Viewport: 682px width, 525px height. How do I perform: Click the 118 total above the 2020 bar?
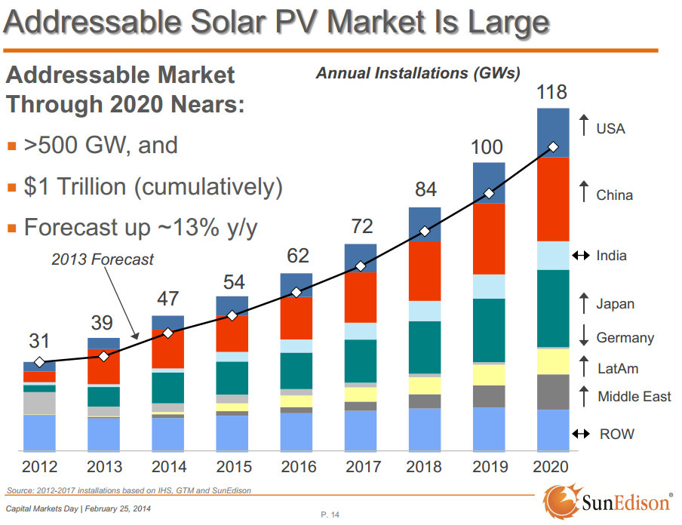tap(551, 93)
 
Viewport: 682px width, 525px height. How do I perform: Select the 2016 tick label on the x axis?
tap(299, 467)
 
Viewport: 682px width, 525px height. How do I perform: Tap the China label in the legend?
tap(614, 195)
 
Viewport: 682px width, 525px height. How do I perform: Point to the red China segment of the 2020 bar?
tap(553, 199)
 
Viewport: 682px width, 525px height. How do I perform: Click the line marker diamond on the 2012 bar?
tap(39, 362)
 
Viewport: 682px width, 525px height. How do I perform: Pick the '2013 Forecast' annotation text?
tap(103, 259)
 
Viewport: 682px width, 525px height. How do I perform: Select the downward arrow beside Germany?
tap(583, 336)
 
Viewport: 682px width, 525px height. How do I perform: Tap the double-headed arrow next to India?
tap(580, 256)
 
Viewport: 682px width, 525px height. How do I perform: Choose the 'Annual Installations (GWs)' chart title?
tap(418, 73)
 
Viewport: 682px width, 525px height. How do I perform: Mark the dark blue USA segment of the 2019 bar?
tap(488, 183)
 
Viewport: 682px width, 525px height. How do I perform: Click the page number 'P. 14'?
tap(330, 514)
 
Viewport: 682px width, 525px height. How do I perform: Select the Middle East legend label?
tap(634, 397)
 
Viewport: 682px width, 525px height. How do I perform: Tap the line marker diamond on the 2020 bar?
tap(553, 147)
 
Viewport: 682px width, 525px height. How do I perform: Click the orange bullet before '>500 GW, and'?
tap(11, 146)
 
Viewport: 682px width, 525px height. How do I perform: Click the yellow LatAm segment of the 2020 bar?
tap(553, 361)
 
